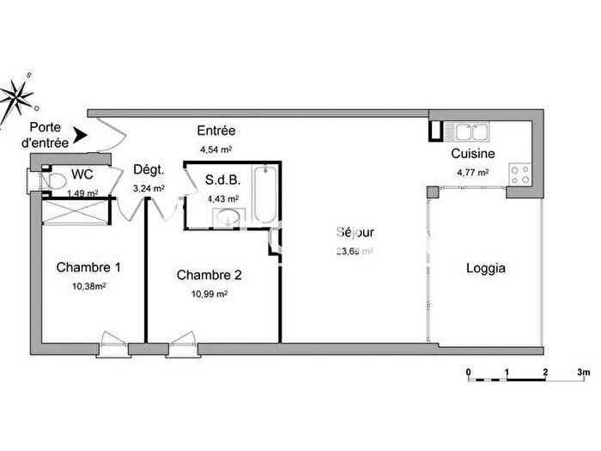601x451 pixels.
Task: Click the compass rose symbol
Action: [17, 96]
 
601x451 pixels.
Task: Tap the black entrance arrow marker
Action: [80, 135]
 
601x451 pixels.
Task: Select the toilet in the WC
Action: [56, 180]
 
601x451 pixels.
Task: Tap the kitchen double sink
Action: [470, 132]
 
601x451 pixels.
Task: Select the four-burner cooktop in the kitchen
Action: [520, 174]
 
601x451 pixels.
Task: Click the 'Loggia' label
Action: [485, 268]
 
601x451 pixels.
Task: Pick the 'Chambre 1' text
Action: [88, 267]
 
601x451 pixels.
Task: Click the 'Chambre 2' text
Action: [209, 275]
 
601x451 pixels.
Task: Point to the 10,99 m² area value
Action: [209, 294]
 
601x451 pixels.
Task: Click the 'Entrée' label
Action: [216, 131]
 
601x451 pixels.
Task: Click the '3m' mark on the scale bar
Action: [584, 373]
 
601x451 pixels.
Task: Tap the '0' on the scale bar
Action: [469, 373]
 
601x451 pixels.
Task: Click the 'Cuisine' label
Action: [472, 155]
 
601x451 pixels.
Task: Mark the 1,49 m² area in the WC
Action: [84, 192]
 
